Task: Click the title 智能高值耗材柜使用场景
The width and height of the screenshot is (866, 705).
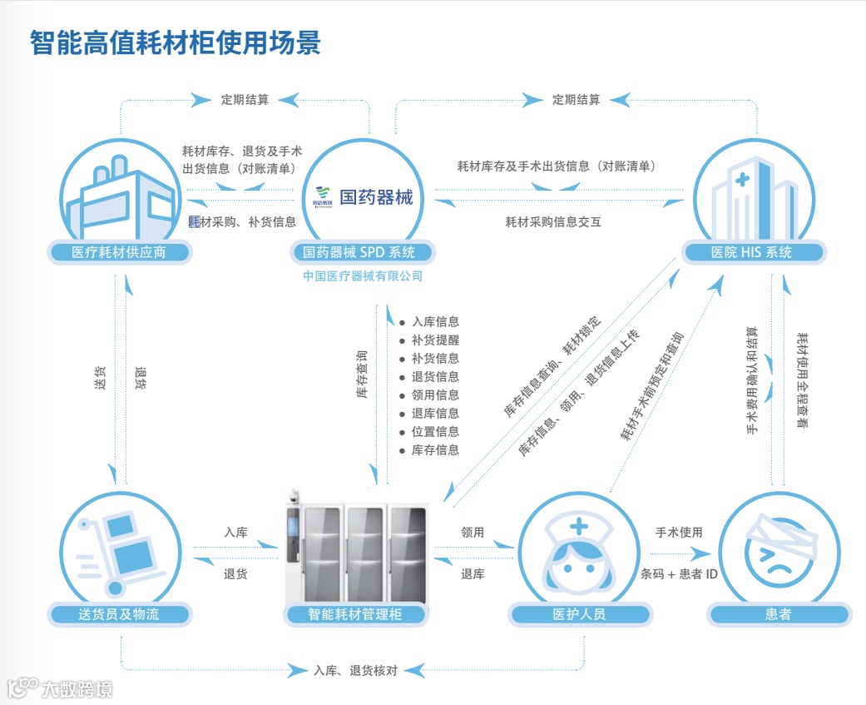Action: [x=176, y=42]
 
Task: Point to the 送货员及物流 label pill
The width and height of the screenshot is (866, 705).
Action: [x=118, y=615]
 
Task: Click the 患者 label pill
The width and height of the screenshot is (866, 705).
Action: [x=778, y=615]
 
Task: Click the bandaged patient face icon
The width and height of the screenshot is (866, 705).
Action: [x=777, y=549]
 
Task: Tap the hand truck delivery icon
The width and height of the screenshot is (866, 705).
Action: [x=118, y=549]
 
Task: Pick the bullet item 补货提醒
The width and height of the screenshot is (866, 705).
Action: [x=434, y=340]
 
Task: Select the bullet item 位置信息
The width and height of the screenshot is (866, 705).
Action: [x=434, y=432]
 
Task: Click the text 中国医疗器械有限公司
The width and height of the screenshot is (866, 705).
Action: [x=363, y=276]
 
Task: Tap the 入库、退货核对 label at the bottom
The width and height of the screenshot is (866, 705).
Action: [x=355, y=670]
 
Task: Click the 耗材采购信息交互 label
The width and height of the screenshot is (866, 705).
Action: [x=552, y=222]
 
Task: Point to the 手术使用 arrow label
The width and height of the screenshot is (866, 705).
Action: [x=679, y=532]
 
